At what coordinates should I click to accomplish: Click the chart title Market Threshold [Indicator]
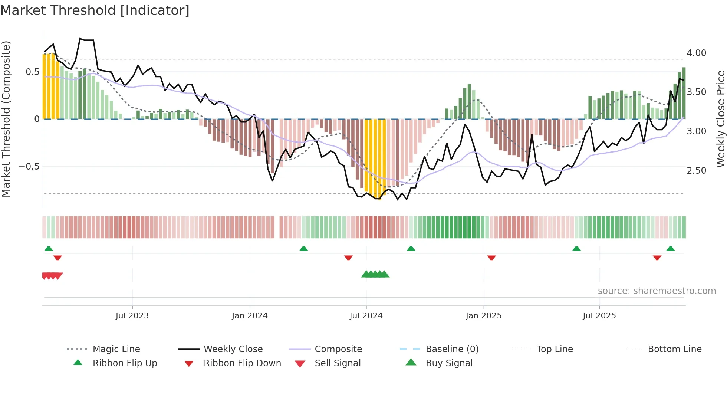[x=95, y=10]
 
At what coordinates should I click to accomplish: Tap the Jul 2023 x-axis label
[x=132, y=316]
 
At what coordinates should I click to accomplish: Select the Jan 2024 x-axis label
[x=250, y=316]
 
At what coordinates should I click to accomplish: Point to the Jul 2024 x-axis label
[x=366, y=316]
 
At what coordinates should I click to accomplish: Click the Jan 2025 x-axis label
[x=484, y=316]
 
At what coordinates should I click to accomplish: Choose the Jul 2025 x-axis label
[x=599, y=316]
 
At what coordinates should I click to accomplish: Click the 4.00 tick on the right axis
[x=696, y=53]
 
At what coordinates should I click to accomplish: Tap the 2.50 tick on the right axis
[x=696, y=171]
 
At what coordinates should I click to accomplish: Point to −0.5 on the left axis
[x=29, y=167]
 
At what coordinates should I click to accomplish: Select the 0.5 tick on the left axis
[x=32, y=72]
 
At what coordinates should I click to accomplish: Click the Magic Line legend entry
[x=116, y=349]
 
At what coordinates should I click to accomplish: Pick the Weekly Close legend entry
[x=233, y=349]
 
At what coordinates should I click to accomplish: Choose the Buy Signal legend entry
[x=449, y=363]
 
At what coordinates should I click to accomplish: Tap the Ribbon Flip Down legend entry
[x=242, y=363]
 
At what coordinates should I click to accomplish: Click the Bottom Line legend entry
[x=674, y=349]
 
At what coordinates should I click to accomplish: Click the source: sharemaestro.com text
[x=657, y=291]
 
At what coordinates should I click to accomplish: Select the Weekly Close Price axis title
[x=720, y=119]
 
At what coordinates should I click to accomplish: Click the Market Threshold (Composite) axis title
[x=6, y=119]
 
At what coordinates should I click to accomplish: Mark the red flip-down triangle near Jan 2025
[x=491, y=258]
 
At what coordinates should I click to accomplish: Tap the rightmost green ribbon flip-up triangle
[x=670, y=249]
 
